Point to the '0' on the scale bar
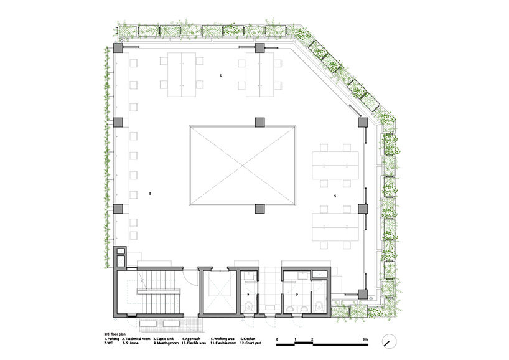[x=278, y=336]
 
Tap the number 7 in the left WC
[x=248, y=293]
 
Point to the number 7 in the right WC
[x=297, y=293]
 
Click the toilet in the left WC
[x=249, y=306]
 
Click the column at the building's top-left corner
[x=118, y=49]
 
